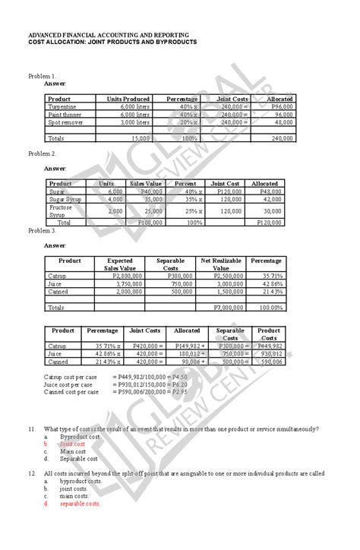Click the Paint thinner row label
(66, 115)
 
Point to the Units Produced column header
(123, 99)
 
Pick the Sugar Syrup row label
(66, 199)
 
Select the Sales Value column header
(146, 183)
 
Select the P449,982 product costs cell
(270, 346)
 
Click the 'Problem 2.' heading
(42, 153)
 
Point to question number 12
(31, 473)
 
